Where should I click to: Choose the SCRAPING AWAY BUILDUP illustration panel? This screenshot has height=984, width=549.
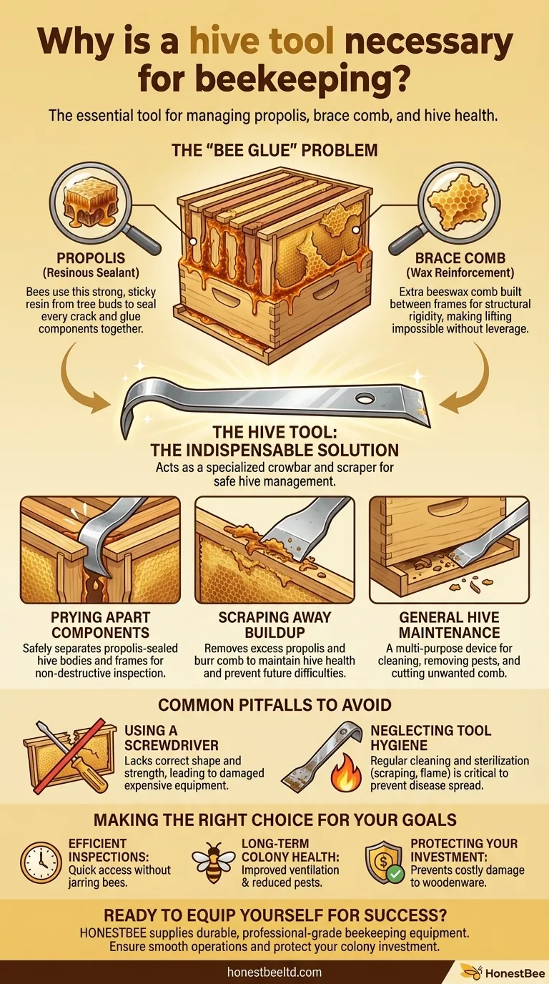click(x=274, y=549)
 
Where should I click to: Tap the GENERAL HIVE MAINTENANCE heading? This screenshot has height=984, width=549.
click(x=450, y=625)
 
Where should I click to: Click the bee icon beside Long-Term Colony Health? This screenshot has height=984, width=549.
click(x=213, y=863)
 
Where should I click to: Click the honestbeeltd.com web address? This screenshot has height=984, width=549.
click(x=274, y=972)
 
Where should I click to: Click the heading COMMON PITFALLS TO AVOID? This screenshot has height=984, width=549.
click(x=274, y=704)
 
